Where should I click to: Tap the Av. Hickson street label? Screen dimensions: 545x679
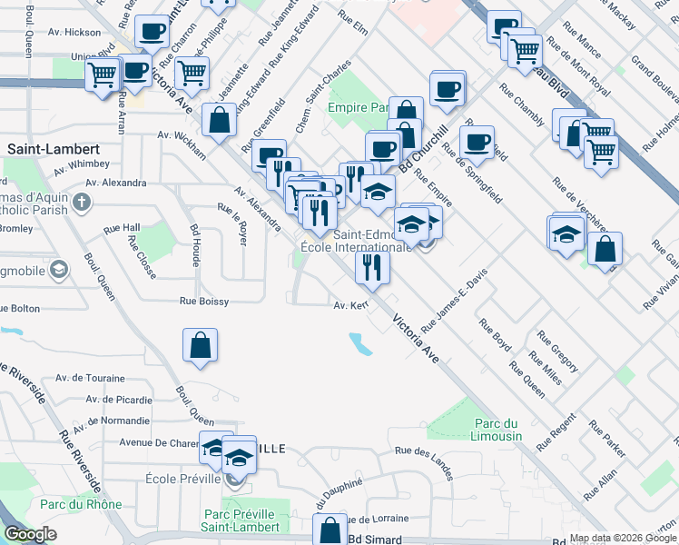(x=76, y=32)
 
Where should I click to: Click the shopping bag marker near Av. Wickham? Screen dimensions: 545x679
(x=219, y=119)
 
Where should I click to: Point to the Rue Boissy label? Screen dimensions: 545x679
(x=203, y=301)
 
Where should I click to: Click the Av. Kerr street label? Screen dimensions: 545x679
(x=350, y=306)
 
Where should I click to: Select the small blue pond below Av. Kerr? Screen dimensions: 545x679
(x=360, y=343)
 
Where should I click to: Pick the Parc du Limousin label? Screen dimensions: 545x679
(x=498, y=430)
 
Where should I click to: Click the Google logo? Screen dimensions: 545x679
(x=31, y=534)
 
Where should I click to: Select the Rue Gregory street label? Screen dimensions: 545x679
(x=557, y=352)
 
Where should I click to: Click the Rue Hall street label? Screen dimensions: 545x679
(x=122, y=228)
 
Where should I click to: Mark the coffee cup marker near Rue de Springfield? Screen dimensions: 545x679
(x=477, y=142)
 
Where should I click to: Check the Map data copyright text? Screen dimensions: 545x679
(x=623, y=538)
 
